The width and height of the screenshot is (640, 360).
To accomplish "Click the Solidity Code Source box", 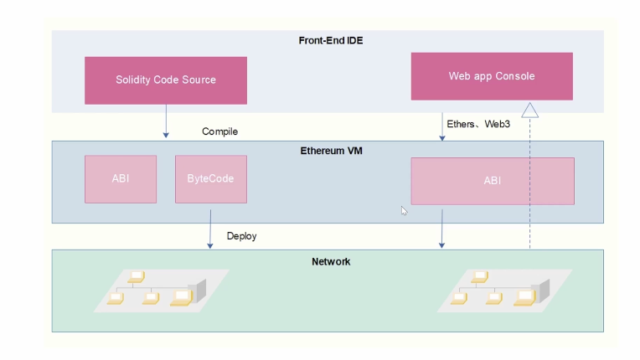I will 166,80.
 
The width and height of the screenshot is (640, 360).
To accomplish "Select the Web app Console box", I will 492,76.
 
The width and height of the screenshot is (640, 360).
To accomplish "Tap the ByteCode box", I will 210,179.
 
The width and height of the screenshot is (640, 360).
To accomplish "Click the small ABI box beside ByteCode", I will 121,179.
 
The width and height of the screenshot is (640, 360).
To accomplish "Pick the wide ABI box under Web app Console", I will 492,181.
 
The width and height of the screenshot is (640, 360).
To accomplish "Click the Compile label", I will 220,132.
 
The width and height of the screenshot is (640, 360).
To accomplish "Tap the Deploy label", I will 241,236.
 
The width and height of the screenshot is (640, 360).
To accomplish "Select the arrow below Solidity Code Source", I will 166,121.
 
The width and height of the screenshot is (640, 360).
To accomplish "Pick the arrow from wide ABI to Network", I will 441,228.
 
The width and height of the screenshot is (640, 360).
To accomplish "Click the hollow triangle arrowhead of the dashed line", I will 529,110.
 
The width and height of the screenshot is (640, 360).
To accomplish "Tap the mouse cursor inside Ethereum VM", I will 404,211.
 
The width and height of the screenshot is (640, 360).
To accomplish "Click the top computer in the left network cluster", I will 137,275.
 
